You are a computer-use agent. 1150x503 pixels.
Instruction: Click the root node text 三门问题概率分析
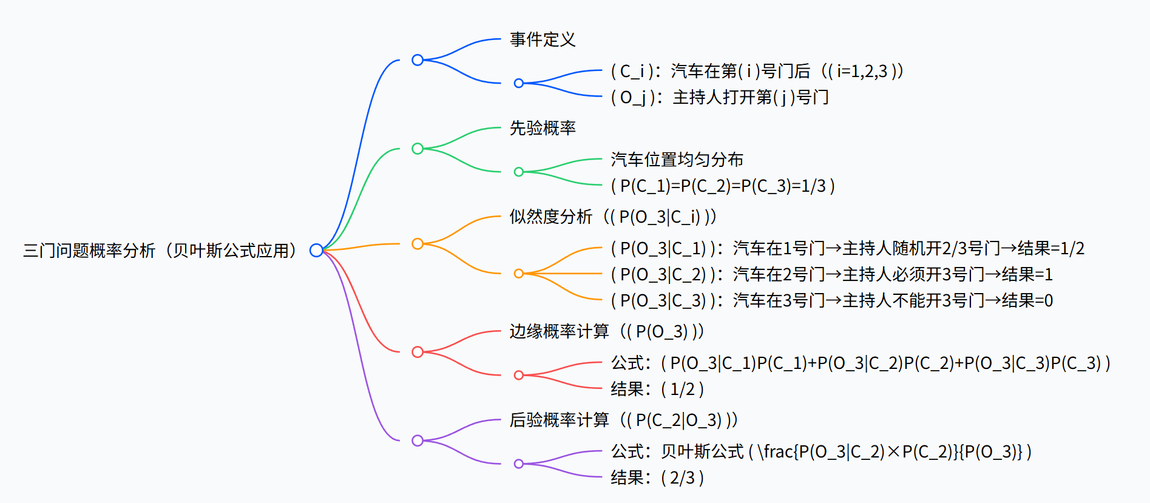pyautogui.click(x=160, y=250)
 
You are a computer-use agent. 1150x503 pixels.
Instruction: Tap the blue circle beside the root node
pyautogui.click(x=316, y=250)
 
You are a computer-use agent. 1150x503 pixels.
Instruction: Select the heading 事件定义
pyautogui.click(x=543, y=39)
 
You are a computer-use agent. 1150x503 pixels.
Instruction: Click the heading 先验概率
pyautogui.click(x=543, y=128)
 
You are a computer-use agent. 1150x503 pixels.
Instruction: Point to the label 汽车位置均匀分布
pyautogui.click(x=677, y=160)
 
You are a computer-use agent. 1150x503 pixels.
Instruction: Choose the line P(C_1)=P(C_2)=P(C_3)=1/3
pyautogui.click(x=722, y=186)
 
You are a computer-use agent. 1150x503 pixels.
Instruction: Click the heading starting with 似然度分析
pyautogui.click(x=613, y=217)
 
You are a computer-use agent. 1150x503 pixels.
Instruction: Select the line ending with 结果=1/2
pyautogui.click(x=847, y=248)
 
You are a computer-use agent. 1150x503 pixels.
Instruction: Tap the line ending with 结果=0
pyautogui.click(x=831, y=300)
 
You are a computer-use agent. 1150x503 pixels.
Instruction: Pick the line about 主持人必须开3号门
pyautogui.click(x=831, y=274)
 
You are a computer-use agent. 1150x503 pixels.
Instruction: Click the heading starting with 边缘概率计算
pyautogui.click(x=607, y=331)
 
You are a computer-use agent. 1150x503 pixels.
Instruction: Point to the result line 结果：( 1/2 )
pyautogui.click(x=657, y=389)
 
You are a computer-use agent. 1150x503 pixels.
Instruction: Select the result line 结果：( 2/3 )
pyautogui.click(x=657, y=478)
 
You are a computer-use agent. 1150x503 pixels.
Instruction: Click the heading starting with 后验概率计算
pyautogui.click(x=623, y=420)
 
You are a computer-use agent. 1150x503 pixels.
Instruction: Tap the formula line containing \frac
pyautogui.click(x=821, y=451)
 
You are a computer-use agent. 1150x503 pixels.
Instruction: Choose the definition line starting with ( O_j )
pyautogui.click(x=720, y=97)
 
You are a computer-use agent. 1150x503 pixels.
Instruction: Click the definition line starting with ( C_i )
pyautogui.click(x=757, y=71)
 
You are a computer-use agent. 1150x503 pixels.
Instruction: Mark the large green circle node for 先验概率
pyautogui.click(x=418, y=149)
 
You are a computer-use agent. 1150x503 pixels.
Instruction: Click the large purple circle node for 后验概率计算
pyautogui.click(x=418, y=441)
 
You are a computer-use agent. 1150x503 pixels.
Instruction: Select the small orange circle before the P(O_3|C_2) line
pyautogui.click(x=519, y=274)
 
